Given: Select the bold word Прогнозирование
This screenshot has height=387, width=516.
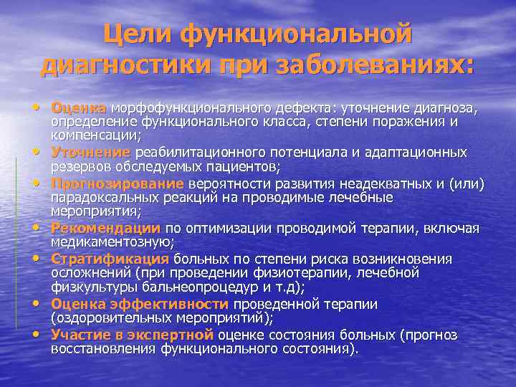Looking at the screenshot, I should tap(107, 184).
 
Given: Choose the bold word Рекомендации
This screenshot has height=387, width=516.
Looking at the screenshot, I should tap(105, 229).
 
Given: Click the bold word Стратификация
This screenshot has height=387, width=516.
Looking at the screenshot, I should tap(109, 259).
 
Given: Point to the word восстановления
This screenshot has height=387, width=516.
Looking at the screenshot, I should tap(103, 348).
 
